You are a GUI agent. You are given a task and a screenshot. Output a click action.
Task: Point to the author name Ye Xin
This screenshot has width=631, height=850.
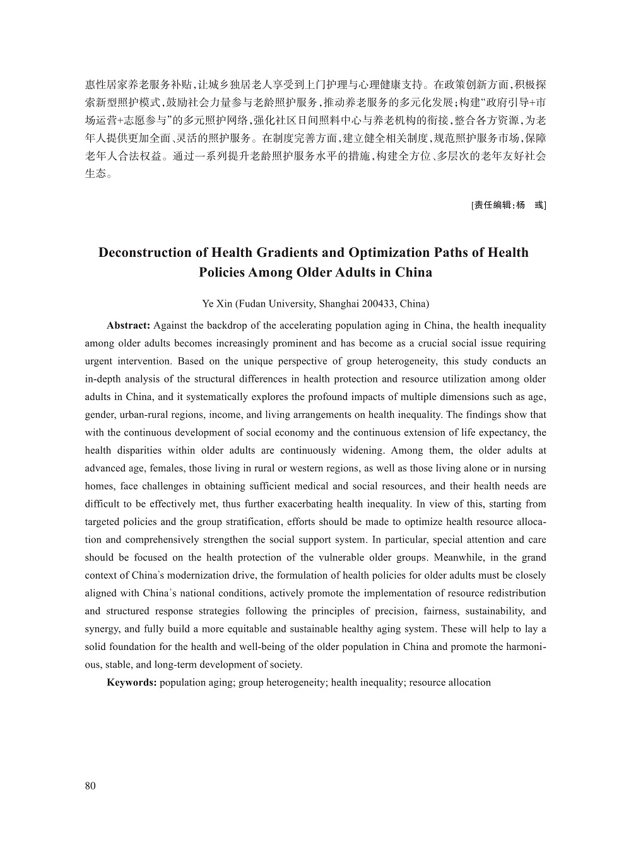pos(216,304)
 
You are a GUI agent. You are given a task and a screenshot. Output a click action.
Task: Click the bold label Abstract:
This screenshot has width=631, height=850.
pos(128,326)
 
